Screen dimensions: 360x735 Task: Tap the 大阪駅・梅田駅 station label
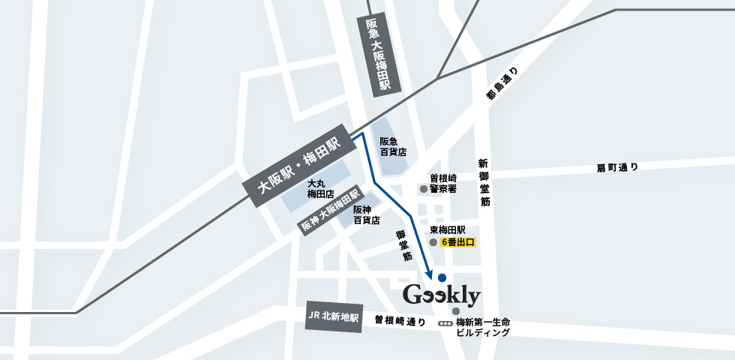(298, 167)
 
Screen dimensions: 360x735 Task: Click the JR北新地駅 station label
(334, 317)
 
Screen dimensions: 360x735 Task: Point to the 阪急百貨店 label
(393, 146)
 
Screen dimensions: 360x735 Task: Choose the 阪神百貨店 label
(366, 215)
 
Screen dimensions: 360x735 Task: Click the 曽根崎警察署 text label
(448, 184)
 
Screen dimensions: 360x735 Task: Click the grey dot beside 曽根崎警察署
(423, 189)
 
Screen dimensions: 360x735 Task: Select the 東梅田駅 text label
(448, 230)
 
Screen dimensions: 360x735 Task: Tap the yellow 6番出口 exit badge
(458, 243)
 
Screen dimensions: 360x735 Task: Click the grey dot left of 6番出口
(433, 243)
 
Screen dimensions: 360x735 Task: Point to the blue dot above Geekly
(441, 277)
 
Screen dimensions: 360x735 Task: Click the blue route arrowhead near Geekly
(430, 274)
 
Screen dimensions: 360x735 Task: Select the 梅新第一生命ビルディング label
(483, 327)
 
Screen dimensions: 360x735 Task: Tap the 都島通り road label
(502, 84)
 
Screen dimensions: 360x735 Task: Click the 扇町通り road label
(617, 166)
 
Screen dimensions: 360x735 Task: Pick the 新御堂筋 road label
(484, 183)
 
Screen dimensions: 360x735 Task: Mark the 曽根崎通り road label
(400, 321)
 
